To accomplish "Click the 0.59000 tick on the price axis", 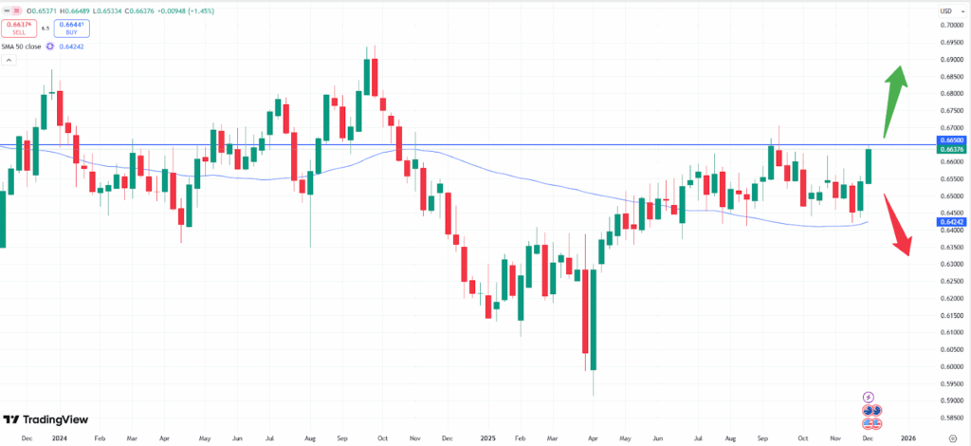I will (x=950, y=400).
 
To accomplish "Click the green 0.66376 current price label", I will (x=950, y=150).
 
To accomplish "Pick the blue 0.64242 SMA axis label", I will (x=950, y=221).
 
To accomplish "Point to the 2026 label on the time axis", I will (x=907, y=437).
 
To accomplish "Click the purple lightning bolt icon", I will (x=868, y=397).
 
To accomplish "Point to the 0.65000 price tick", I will (x=950, y=195).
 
